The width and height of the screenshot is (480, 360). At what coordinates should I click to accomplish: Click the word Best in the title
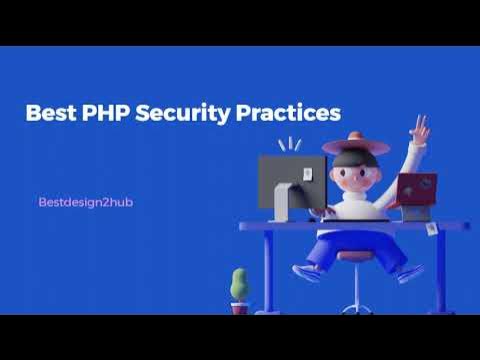50,112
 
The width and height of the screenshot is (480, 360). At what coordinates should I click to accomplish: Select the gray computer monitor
289,181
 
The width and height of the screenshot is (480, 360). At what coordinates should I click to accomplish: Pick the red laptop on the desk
413,190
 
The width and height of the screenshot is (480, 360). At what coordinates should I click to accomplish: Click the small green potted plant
239,285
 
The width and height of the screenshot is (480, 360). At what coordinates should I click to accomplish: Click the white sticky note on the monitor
307,177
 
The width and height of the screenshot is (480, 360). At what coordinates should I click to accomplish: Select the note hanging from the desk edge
433,230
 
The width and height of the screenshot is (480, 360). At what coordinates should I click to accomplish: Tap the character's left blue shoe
306,272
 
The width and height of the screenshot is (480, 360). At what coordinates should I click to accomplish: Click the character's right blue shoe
410,271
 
